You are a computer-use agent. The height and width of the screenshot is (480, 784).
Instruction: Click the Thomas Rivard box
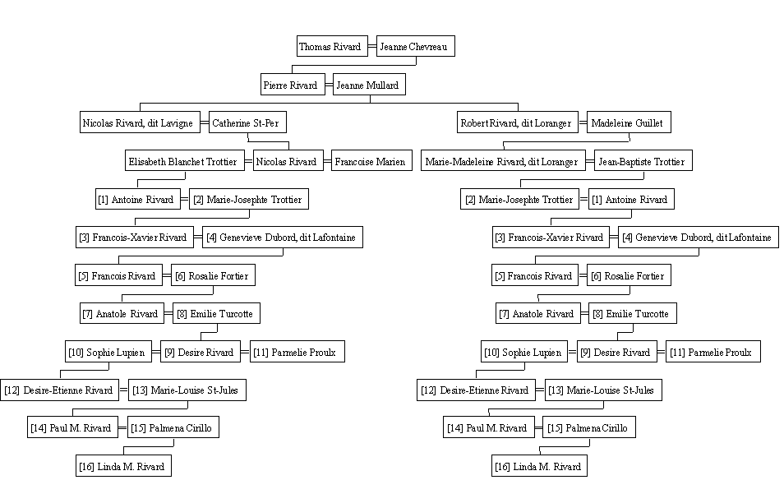[x=332, y=46]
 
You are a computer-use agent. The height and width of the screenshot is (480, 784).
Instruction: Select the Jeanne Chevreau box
[x=416, y=46]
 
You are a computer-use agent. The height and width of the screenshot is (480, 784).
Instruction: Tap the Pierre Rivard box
[x=293, y=85]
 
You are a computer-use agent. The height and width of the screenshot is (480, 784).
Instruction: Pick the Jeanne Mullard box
[x=369, y=85]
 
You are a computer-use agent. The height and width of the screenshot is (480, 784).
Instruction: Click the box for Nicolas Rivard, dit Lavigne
[x=140, y=122]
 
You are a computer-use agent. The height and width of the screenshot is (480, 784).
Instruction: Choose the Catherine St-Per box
[x=247, y=122]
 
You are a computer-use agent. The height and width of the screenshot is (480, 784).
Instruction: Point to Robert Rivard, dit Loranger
[x=518, y=122]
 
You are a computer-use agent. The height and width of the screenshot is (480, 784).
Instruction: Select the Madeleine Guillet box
[x=629, y=122]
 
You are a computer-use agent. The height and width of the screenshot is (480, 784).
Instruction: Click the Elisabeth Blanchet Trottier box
[x=185, y=161]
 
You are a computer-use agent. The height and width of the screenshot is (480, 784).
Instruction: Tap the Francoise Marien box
[x=371, y=161]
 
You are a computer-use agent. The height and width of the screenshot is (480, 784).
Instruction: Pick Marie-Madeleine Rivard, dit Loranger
[x=503, y=161]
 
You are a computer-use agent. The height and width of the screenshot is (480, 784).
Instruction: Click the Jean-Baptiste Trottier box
[x=643, y=161]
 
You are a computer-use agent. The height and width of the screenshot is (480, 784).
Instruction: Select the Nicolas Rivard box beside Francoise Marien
[x=288, y=161]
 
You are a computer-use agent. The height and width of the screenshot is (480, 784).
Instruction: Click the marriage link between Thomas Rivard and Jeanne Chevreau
[x=372, y=47]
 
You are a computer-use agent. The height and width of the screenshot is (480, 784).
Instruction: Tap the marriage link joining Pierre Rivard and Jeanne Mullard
[x=329, y=85]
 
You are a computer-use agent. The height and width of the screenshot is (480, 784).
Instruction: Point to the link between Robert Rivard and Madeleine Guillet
[x=583, y=122]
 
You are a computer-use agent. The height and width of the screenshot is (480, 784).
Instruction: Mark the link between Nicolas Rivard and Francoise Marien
[x=327, y=161]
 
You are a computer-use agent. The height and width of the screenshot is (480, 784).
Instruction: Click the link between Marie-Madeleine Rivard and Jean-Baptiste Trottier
[x=589, y=161]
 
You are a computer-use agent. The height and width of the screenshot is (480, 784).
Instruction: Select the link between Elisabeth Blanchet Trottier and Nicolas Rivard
[x=249, y=161]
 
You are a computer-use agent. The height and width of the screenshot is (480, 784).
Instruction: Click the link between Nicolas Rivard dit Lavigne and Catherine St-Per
[x=205, y=122]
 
